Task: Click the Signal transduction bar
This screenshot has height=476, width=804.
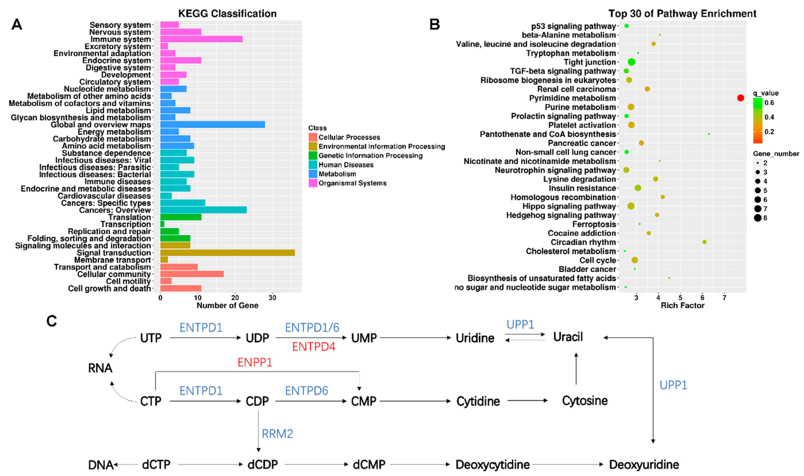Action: pyautogui.click(x=227, y=253)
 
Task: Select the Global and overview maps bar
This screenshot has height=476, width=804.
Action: pyautogui.click(x=212, y=124)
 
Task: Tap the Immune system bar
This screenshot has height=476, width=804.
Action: pyautogui.click(x=201, y=39)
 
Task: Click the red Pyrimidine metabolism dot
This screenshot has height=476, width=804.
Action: pyautogui.click(x=740, y=98)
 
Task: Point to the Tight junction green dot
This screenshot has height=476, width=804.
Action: pyautogui.click(x=631, y=62)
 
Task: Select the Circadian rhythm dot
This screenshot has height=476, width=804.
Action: pyautogui.click(x=704, y=242)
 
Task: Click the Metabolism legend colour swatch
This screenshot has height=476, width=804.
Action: pyautogui.click(x=313, y=174)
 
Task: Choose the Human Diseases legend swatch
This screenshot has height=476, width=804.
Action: pyautogui.click(x=313, y=165)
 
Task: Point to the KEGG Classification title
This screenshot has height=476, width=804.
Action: pyautogui.click(x=227, y=14)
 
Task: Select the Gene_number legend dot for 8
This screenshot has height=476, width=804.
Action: pyautogui.click(x=758, y=218)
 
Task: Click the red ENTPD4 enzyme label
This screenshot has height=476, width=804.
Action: pyautogui.click(x=314, y=347)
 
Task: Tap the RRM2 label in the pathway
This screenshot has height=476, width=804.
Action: pyautogui.click(x=277, y=434)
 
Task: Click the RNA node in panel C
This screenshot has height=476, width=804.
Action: pyautogui.click(x=100, y=368)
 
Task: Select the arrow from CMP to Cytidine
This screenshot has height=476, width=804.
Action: pyautogui.click(x=415, y=401)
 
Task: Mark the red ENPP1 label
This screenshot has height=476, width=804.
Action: pyautogui.click(x=255, y=362)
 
